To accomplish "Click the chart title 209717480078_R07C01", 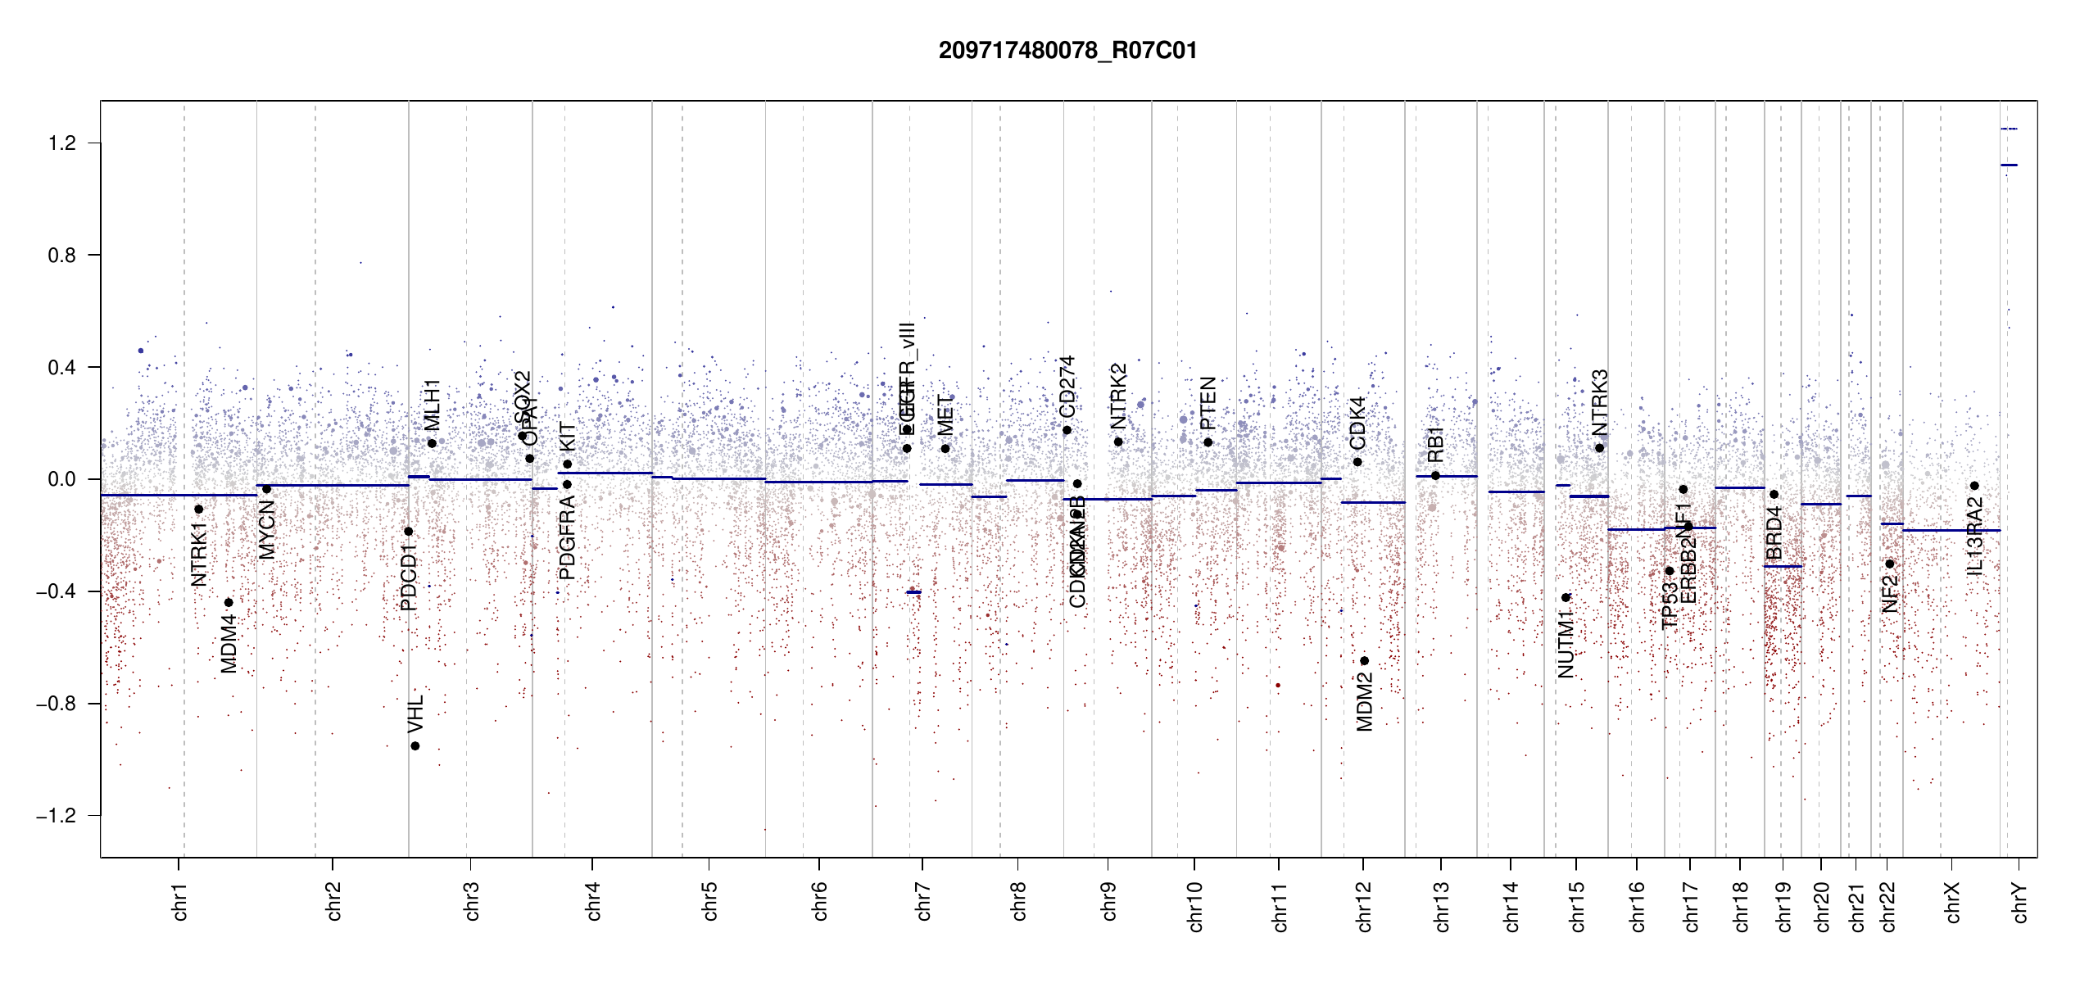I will (x=1067, y=51).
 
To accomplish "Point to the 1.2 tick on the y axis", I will (x=61, y=143).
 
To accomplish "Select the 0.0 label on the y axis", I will (x=61, y=479).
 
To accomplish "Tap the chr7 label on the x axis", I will (x=923, y=901).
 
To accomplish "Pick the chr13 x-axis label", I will (x=1442, y=906).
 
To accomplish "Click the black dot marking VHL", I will (x=415, y=746).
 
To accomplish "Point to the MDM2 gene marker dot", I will (x=1364, y=661).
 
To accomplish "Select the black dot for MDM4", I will (x=229, y=603).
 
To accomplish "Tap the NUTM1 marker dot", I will (x=1566, y=598).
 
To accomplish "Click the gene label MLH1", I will (x=432, y=405).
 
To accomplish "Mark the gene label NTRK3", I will (x=1600, y=403).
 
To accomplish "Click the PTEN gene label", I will (x=1208, y=403).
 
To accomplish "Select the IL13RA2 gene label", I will (x=1975, y=537).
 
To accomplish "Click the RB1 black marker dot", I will (x=1435, y=476).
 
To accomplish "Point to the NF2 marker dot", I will (x=1890, y=564).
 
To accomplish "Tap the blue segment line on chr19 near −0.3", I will (x=1783, y=566).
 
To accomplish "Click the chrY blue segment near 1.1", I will (x=2009, y=165).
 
